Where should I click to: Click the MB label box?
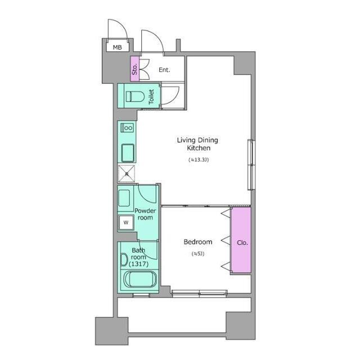[x=118, y=47]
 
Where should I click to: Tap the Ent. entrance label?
[x=164, y=70]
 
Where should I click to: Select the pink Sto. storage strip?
[x=135, y=69]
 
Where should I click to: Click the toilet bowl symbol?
[x=135, y=96]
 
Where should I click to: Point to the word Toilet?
[x=151, y=97]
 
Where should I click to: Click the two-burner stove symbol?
[x=127, y=128]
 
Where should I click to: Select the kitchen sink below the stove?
[x=128, y=153]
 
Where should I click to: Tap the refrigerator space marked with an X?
[x=127, y=174]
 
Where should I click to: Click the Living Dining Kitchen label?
[x=197, y=144]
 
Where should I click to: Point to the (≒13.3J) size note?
[x=199, y=160]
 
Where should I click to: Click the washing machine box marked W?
[x=126, y=223]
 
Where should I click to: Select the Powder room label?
[x=145, y=214]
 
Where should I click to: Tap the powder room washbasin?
[x=124, y=199]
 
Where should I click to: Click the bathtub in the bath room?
[x=140, y=279]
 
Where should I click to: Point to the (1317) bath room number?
[x=139, y=264]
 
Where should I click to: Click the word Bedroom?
[x=197, y=242]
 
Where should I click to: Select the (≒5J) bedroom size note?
[x=197, y=254]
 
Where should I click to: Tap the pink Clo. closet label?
[x=242, y=242]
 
